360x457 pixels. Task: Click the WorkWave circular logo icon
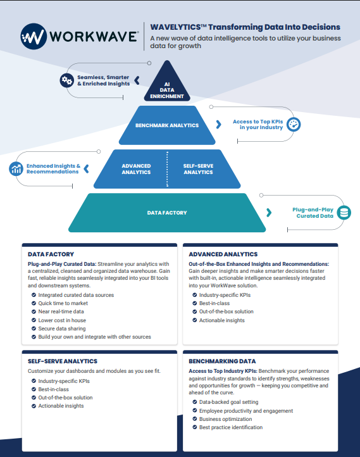click(34, 37)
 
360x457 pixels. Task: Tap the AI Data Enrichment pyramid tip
click(167, 85)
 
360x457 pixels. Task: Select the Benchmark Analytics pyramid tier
click(167, 125)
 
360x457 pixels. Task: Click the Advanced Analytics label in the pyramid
click(136, 169)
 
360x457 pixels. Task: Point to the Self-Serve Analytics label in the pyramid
click(198, 169)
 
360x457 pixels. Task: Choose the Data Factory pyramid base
click(167, 213)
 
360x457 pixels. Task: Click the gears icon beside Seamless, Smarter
click(66, 80)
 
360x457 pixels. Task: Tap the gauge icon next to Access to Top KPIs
click(294, 125)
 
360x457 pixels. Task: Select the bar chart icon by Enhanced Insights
click(16, 169)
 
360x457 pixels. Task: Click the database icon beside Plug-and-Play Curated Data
click(344, 213)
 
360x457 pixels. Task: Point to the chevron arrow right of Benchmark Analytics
click(219, 125)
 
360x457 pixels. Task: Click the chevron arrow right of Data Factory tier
click(269, 213)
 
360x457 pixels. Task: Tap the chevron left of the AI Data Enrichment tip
click(137, 80)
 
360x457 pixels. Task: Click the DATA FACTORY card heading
click(51, 254)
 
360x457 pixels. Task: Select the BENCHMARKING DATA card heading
click(222, 361)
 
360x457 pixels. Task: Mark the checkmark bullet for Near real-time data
click(34, 311)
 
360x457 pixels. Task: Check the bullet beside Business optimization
click(195, 419)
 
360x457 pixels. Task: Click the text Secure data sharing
click(62, 329)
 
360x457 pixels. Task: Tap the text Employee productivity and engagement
click(246, 411)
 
